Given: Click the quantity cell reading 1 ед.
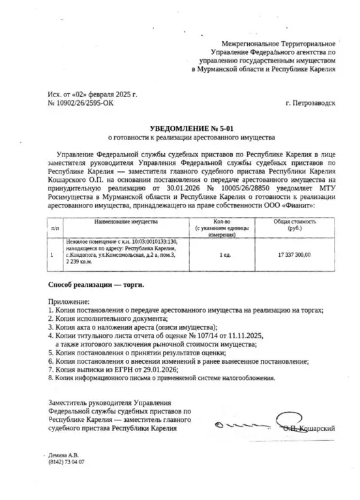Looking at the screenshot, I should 226,255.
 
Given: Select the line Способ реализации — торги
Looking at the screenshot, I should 97,285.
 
